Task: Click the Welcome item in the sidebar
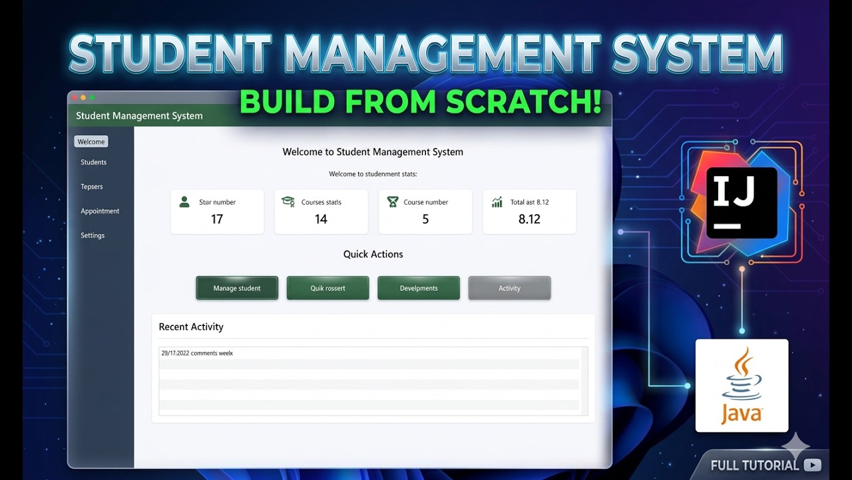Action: point(91,141)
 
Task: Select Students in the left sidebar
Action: point(94,162)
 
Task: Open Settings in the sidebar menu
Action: point(93,235)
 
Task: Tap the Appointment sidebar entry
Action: point(100,211)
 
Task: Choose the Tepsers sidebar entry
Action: point(92,187)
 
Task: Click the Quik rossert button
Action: point(327,288)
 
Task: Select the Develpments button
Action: point(419,288)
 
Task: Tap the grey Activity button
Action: point(509,288)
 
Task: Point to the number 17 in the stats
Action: point(217,219)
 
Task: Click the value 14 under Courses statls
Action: point(321,219)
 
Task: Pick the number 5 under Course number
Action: point(425,219)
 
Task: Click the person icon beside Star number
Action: point(184,201)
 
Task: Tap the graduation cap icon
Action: point(288,201)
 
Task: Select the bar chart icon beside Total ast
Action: point(497,201)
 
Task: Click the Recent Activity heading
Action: point(191,327)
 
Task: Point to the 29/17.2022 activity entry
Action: point(197,353)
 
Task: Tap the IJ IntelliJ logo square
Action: point(742,203)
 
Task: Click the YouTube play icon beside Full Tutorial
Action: point(812,465)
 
